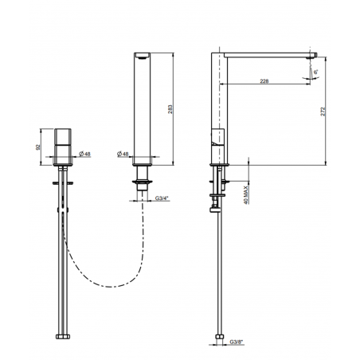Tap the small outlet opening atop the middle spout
143,57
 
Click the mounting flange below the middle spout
143,182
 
